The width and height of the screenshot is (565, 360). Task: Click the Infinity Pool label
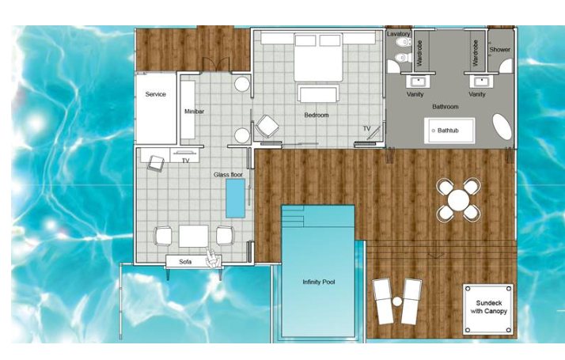click(319, 282)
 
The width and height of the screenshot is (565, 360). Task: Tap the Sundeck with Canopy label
click(488, 307)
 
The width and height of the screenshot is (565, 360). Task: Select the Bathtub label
click(448, 131)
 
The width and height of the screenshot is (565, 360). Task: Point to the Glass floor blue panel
click(235, 199)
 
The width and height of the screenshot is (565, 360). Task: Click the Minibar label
click(194, 112)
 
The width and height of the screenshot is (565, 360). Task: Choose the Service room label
click(155, 94)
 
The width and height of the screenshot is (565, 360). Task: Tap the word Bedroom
click(317, 115)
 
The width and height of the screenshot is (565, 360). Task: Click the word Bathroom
click(446, 107)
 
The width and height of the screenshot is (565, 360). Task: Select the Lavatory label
click(399, 34)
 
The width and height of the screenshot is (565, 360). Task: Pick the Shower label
click(500, 49)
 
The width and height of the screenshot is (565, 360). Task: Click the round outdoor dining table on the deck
click(458, 200)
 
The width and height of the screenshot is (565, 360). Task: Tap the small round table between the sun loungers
click(397, 301)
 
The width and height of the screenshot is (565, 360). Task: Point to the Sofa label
click(185, 262)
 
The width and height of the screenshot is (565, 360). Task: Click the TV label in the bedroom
click(366, 128)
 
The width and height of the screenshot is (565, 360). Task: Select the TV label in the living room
click(186, 161)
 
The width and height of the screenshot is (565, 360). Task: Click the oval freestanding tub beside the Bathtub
click(502, 127)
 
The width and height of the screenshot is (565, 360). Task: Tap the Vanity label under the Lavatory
click(415, 94)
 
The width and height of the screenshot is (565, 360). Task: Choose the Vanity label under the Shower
click(476, 94)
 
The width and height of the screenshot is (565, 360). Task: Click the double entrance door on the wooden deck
click(216, 65)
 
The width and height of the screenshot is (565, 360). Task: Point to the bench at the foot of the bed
click(318, 93)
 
